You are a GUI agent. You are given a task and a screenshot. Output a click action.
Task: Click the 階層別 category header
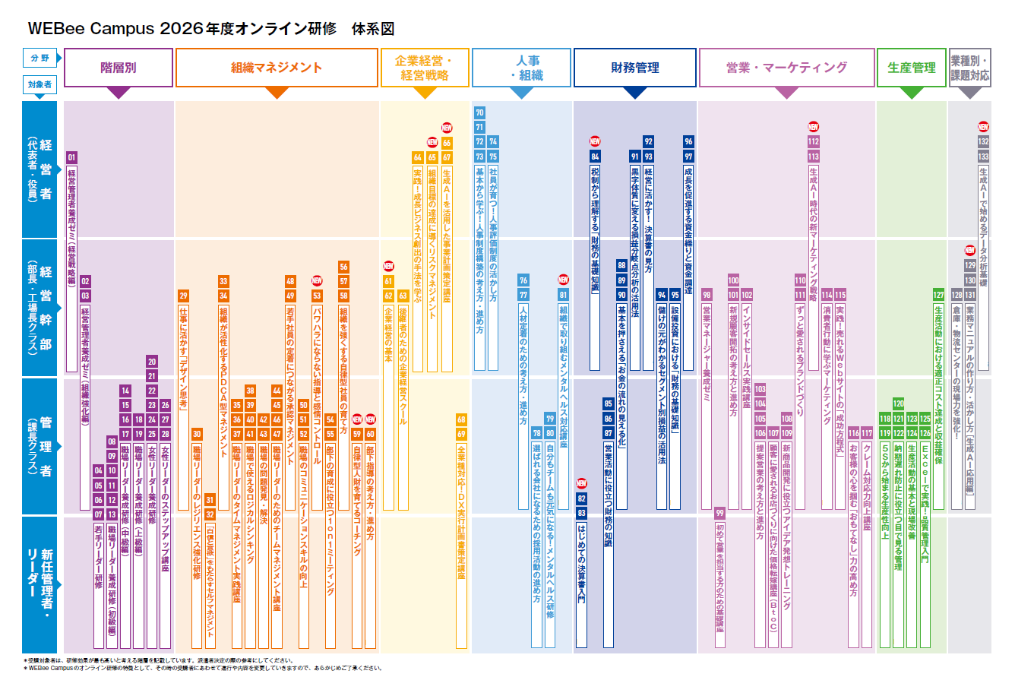[119, 68]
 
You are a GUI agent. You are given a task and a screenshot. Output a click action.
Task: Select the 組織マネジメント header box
[277, 68]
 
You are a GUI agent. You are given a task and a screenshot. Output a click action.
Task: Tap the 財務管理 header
[634, 68]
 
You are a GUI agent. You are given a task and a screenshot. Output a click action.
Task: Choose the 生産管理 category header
[912, 68]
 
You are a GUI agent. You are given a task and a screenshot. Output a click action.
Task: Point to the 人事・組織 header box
[521, 68]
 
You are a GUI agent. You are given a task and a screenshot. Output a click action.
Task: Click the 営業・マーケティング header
[786, 68]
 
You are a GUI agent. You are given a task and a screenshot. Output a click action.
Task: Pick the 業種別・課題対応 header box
[969, 68]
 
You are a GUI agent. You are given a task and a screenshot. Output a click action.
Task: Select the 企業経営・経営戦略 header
[425, 68]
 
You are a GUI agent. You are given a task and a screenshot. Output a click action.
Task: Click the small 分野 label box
[40, 58]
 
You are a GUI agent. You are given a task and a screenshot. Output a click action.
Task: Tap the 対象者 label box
[40, 84]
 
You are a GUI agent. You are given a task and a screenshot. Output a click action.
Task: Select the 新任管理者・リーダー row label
[40, 584]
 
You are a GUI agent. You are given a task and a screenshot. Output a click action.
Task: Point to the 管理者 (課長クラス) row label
[40, 446]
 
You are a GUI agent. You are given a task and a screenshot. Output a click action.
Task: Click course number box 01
[71, 157]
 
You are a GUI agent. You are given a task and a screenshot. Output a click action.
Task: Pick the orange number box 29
[183, 296]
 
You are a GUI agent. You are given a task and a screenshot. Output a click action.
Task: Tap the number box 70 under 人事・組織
[479, 112]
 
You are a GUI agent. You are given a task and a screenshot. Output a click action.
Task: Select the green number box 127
[938, 295]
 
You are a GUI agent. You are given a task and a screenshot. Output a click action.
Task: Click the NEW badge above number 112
[813, 127]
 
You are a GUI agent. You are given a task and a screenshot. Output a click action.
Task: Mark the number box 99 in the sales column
[719, 513]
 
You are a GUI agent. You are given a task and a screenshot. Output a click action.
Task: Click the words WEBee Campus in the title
[91, 29]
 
